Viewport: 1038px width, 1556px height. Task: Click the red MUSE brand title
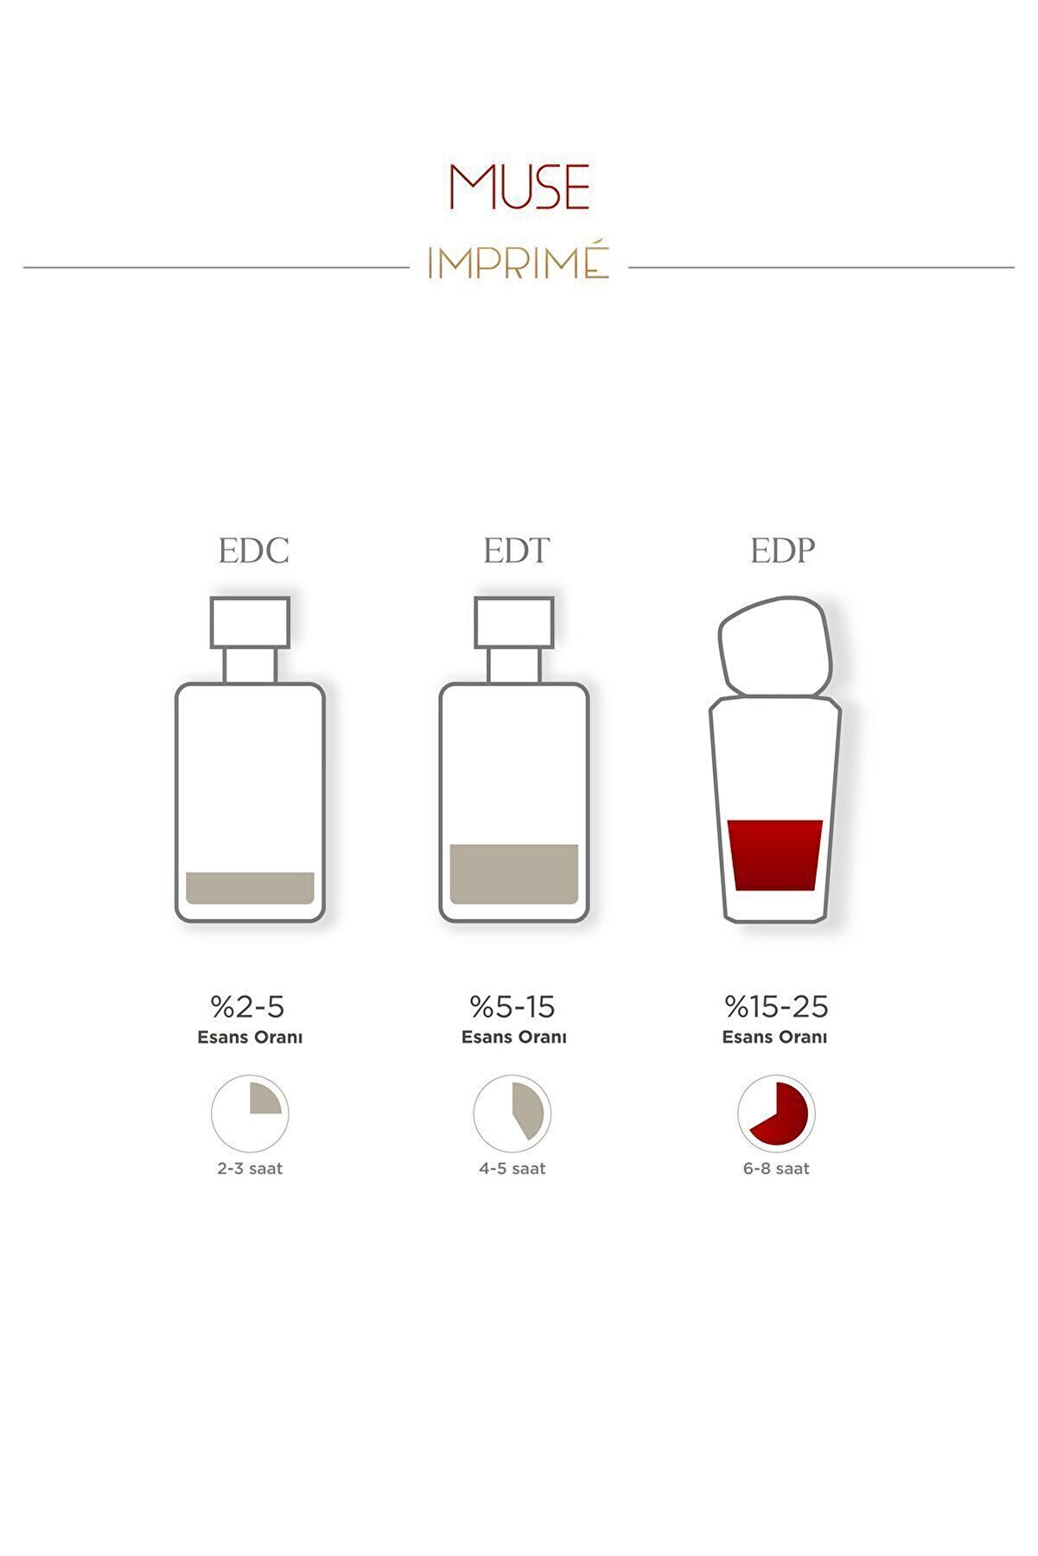519,187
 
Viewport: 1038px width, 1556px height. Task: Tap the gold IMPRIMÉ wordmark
519,263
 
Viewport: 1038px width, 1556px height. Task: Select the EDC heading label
253,550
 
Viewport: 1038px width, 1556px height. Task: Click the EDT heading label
516,550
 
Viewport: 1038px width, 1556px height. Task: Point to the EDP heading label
782,550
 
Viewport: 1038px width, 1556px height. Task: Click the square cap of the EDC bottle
250,622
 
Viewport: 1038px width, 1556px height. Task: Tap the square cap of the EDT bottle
514,622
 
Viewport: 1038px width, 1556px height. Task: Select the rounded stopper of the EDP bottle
775,645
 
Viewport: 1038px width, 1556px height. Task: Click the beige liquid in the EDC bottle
250,888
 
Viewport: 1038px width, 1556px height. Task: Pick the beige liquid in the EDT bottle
514,874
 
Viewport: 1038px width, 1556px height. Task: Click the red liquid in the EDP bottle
775,855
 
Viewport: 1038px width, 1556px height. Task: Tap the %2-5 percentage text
247,1007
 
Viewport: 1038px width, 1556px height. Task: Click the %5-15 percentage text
513,1007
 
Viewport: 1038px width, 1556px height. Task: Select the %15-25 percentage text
776,1007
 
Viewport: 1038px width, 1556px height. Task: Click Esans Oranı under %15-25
774,1037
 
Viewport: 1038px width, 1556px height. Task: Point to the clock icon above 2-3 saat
250,1114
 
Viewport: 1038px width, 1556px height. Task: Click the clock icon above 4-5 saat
513,1114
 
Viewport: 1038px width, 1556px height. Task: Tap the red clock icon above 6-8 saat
776,1114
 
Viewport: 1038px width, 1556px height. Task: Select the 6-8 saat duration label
776,1169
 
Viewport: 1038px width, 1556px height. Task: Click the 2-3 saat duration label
250,1169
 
